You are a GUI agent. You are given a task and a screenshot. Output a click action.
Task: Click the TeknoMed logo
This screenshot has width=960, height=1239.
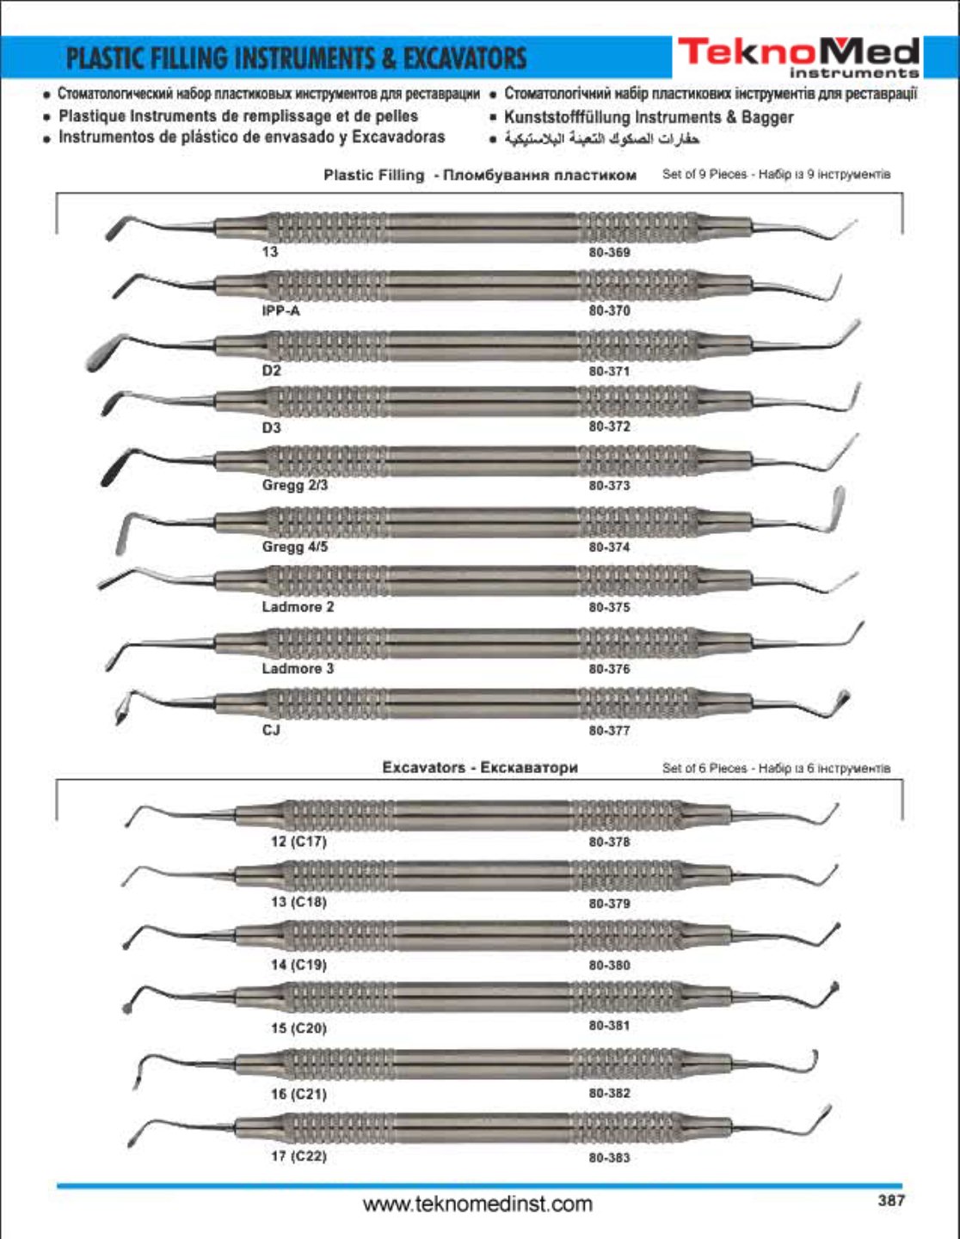coord(798,56)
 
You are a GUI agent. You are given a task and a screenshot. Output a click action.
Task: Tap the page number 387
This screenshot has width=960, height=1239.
coord(890,1200)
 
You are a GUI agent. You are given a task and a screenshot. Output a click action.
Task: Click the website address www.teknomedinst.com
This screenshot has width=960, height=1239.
coord(477,1204)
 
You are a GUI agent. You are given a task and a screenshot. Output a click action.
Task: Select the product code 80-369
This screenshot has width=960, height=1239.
coord(609,253)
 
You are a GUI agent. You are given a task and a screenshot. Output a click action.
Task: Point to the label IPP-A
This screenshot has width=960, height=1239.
coord(280,311)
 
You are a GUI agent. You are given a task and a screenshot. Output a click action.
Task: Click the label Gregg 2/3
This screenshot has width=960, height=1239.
coord(294,486)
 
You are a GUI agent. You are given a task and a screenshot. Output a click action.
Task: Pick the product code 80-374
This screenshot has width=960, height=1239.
coord(609,547)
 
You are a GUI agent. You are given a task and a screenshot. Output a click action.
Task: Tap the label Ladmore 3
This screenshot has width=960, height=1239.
coord(298,669)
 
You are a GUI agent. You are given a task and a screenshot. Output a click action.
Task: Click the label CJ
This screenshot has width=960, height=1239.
coord(271,731)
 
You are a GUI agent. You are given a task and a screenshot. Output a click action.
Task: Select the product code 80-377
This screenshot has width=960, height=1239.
coord(609,731)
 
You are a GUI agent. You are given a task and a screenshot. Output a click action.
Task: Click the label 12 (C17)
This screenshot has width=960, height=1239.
coord(298,842)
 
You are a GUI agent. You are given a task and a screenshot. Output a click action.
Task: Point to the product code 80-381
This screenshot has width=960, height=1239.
coord(609,1026)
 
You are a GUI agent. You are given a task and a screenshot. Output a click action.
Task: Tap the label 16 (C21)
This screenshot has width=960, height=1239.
coord(298,1095)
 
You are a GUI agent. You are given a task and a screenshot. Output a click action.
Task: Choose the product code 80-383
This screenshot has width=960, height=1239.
coord(609,1158)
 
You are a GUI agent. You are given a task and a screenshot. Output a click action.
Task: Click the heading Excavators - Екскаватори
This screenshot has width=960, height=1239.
coord(480,768)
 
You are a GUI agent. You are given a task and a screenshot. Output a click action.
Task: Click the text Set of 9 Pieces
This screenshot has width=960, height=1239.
coord(705,175)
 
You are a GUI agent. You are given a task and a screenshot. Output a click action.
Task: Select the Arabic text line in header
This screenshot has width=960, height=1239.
coord(601,138)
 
